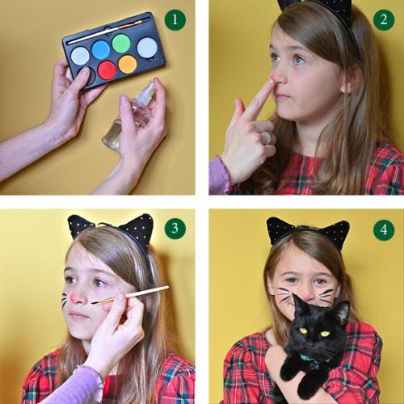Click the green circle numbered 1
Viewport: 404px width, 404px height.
pyautogui.click(x=175, y=19)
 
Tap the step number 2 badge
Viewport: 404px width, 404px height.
pyautogui.click(x=384, y=19)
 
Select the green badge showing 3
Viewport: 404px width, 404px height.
pyautogui.click(x=175, y=229)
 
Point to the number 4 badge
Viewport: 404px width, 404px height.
pyautogui.click(x=384, y=229)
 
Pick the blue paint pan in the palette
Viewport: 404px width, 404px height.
pyautogui.click(x=101, y=49)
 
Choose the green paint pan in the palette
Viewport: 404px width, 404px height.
pyautogui.click(x=121, y=44)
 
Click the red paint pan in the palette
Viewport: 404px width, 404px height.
pyautogui.click(x=107, y=70)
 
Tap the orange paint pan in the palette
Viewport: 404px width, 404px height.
pyautogui.click(x=128, y=65)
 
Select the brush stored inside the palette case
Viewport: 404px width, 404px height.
pyautogui.click(x=108, y=31)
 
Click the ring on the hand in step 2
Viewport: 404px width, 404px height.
pyautogui.click(x=267, y=138)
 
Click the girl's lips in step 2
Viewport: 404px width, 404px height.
pyautogui.click(x=281, y=95)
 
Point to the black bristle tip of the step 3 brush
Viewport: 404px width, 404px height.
pyautogui.click(x=95, y=302)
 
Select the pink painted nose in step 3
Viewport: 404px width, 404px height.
pyautogui.click(x=73, y=297)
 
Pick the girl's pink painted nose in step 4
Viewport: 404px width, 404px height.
pyautogui.click(x=305, y=297)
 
